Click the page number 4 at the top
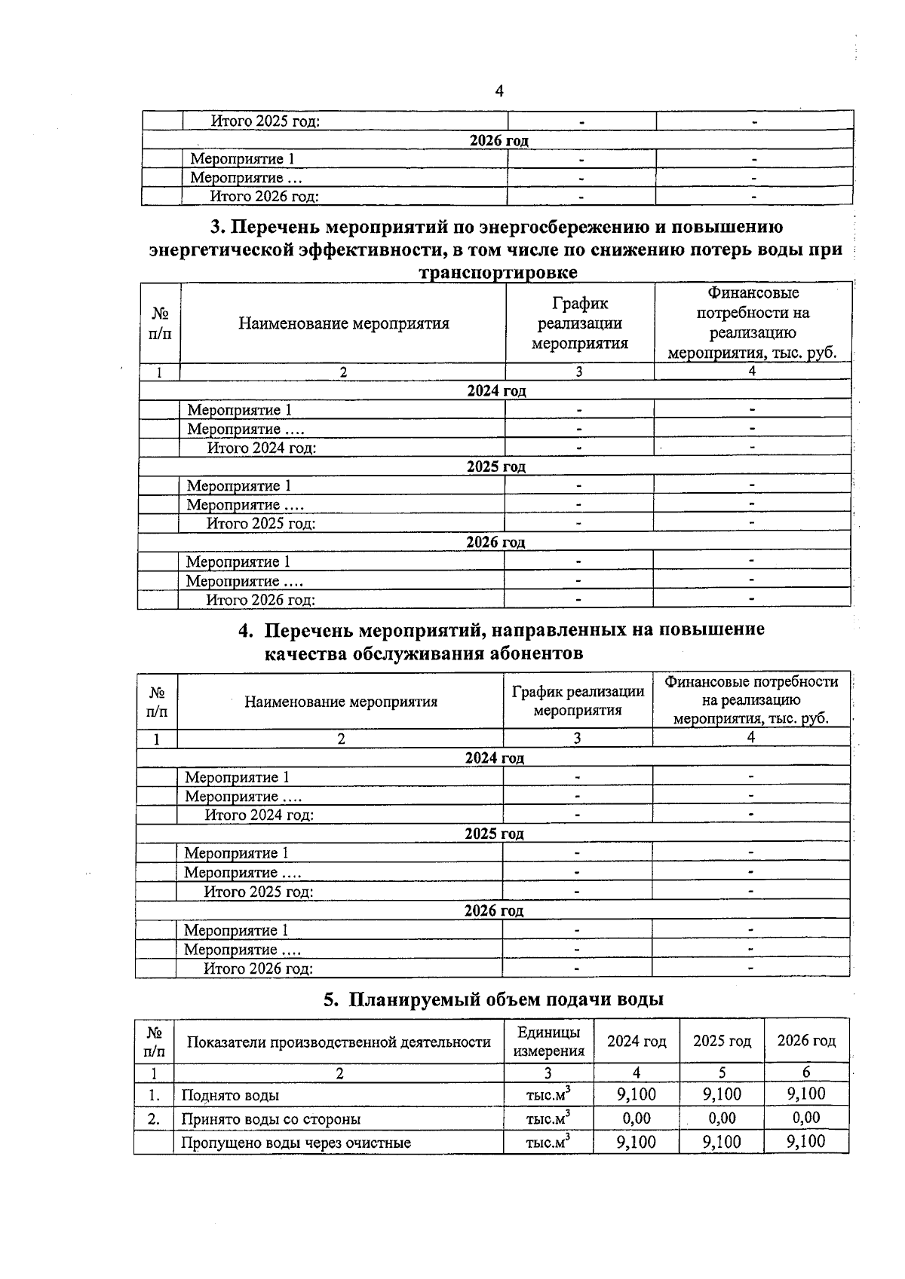pyautogui.click(x=499, y=92)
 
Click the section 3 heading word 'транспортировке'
pyautogui.click(x=498, y=272)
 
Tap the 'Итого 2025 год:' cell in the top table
pyautogui.click(x=265, y=121)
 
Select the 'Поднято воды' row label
pyautogui.click(x=230, y=1095)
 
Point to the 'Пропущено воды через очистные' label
pyautogui.click(x=296, y=1143)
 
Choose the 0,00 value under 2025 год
pyautogui.click(x=722, y=1118)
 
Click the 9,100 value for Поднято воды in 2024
pyautogui.click(x=636, y=1094)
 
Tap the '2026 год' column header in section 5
pyautogui.click(x=806, y=1041)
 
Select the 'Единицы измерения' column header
pyautogui.click(x=548, y=1042)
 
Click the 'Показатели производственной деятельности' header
pyautogui.click(x=339, y=1042)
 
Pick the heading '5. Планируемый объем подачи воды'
pyautogui.click(x=494, y=1000)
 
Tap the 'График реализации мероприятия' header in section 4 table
pyautogui.click(x=578, y=700)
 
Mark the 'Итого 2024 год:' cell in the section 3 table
pyautogui.click(x=261, y=448)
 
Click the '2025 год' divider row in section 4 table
pyautogui.click(x=494, y=834)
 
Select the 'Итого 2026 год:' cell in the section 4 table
pyautogui.click(x=258, y=968)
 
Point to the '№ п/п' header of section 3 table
pyautogui.click(x=160, y=323)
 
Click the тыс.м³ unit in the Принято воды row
pyautogui.click(x=548, y=1119)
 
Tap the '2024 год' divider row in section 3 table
pyautogui.click(x=496, y=390)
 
